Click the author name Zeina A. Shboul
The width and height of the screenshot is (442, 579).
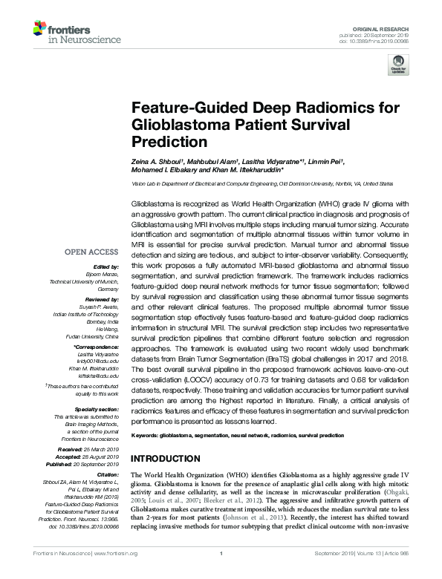[x=155, y=163]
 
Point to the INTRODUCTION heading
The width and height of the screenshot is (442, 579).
[x=170, y=458]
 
